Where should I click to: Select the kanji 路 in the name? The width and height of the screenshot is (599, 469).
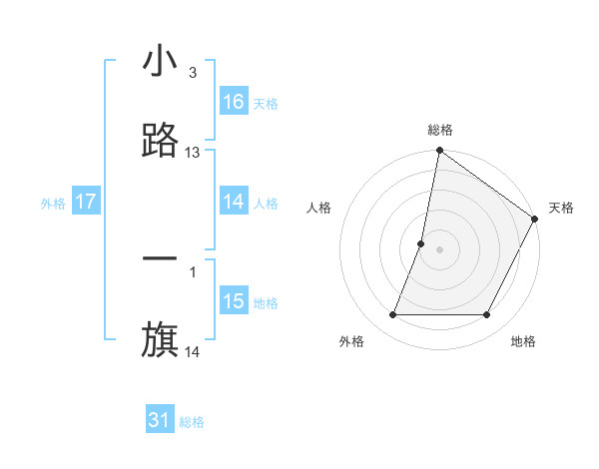click(160, 142)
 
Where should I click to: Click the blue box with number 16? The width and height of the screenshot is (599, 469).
click(234, 102)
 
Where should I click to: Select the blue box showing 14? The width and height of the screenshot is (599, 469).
click(234, 202)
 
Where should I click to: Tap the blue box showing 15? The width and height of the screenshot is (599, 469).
click(234, 301)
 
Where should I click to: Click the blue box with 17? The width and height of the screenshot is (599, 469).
click(86, 202)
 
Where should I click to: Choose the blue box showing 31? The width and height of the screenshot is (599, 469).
click(160, 420)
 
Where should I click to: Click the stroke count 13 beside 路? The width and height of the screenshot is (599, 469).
click(193, 153)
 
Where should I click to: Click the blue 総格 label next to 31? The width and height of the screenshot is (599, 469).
click(192, 422)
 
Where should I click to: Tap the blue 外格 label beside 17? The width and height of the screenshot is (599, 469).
click(53, 204)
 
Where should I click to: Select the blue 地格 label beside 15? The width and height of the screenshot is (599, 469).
click(266, 303)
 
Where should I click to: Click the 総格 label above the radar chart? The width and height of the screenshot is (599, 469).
click(439, 130)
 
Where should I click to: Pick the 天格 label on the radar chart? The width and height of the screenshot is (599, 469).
click(561, 208)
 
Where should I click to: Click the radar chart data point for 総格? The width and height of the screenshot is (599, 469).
click(439, 152)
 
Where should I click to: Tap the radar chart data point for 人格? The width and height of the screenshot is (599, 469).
click(421, 243)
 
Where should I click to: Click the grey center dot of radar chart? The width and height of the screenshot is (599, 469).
click(439, 249)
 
